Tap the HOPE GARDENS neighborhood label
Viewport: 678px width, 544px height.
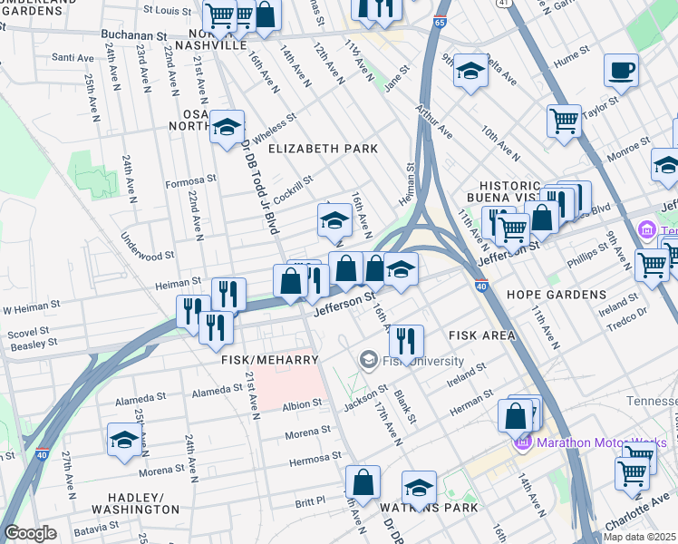click(x=556, y=295)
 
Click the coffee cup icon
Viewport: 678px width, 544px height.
click(x=621, y=71)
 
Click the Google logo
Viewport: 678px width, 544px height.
click(x=30, y=533)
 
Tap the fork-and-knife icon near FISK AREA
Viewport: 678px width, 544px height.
click(x=406, y=342)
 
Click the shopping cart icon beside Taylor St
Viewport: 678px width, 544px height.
click(x=564, y=121)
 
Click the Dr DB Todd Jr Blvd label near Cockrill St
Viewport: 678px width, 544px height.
click(x=256, y=194)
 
